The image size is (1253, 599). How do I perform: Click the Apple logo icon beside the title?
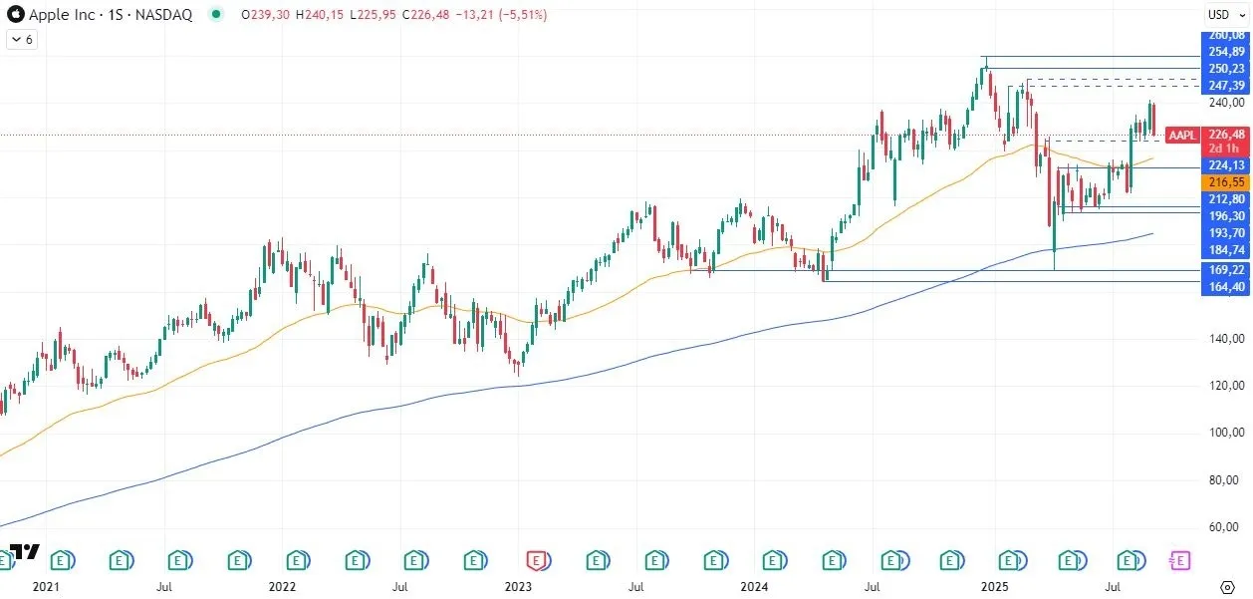coord(15,15)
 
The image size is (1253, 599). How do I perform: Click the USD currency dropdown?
coord(1221,14)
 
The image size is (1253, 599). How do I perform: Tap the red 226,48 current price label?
coord(1225,135)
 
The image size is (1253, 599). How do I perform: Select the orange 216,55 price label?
coord(1225,182)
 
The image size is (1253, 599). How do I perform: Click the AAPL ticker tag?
coord(1182,135)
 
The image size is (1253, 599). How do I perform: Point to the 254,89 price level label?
coord(1225,52)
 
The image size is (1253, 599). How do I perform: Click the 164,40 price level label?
coord(1225,287)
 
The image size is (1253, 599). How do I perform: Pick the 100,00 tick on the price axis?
coord(1225,433)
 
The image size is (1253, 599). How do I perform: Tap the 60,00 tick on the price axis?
coord(1225,526)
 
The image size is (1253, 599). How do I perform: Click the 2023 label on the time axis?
coord(518,588)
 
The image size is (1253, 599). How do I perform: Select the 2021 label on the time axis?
coord(46,588)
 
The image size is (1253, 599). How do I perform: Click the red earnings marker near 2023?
coord(538,561)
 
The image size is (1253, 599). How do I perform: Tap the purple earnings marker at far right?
coord(1180,561)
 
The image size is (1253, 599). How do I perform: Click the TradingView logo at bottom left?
coord(24,552)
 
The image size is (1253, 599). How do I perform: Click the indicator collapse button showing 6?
coord(22,39)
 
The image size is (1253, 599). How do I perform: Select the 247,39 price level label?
coord(1225,86)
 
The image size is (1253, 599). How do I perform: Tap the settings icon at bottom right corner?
coord(1227,587)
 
